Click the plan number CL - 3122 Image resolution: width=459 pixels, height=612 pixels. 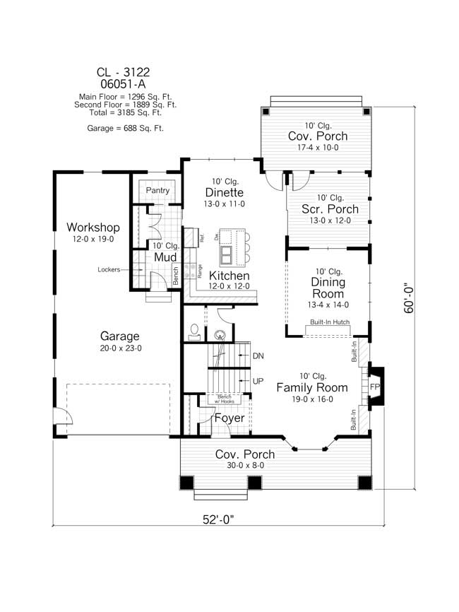point(124,72)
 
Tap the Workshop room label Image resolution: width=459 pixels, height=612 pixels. point(93,228)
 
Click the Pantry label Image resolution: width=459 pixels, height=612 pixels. point(157,191)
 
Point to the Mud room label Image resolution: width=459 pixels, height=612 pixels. point(165,257)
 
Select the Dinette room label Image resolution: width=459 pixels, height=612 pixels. point(225,192)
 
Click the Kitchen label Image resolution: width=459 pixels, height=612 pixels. point(229,275)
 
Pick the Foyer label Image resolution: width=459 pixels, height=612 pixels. point(229,418)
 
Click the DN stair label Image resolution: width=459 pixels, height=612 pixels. point(258,356)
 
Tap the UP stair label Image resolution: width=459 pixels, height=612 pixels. point(258,381)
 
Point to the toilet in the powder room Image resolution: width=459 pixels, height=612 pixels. point(195,330)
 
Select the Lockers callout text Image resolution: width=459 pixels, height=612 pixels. point(112,270)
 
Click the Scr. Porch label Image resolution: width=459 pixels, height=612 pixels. point(330,209)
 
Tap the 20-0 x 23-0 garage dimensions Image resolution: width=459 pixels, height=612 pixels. point(119,348)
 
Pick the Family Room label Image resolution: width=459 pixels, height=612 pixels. point(311,387)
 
